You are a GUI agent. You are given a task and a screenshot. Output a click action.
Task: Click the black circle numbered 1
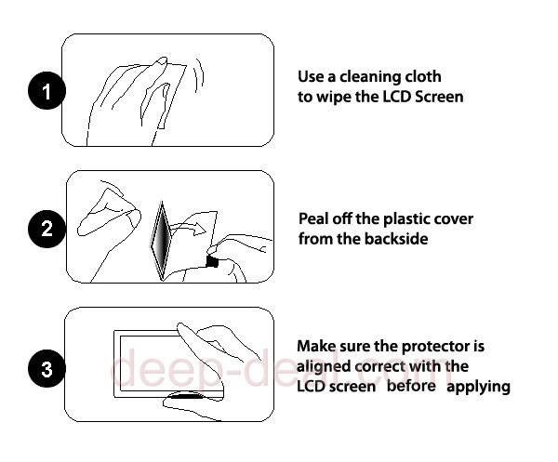pos(46,91)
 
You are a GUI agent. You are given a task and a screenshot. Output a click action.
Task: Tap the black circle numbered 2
pos(46,229)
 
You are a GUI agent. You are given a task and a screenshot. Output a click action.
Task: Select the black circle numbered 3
pos(46,368)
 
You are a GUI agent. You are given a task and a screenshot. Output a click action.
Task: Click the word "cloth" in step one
pos(421,76)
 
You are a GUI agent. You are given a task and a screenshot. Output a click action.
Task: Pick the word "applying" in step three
pos(478,387)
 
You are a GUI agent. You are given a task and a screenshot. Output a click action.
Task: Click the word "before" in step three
pos(411,386)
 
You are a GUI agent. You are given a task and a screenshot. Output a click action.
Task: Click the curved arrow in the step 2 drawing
pos(188,227)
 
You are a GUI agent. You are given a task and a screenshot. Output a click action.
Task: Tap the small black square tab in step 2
pos(212,261)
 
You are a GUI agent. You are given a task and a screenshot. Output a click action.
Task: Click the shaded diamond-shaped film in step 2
pos(162,240)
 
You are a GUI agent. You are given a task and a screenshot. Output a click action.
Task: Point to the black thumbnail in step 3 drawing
pos(186,395)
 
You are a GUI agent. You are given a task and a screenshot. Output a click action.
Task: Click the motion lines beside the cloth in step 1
pos(199,74)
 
